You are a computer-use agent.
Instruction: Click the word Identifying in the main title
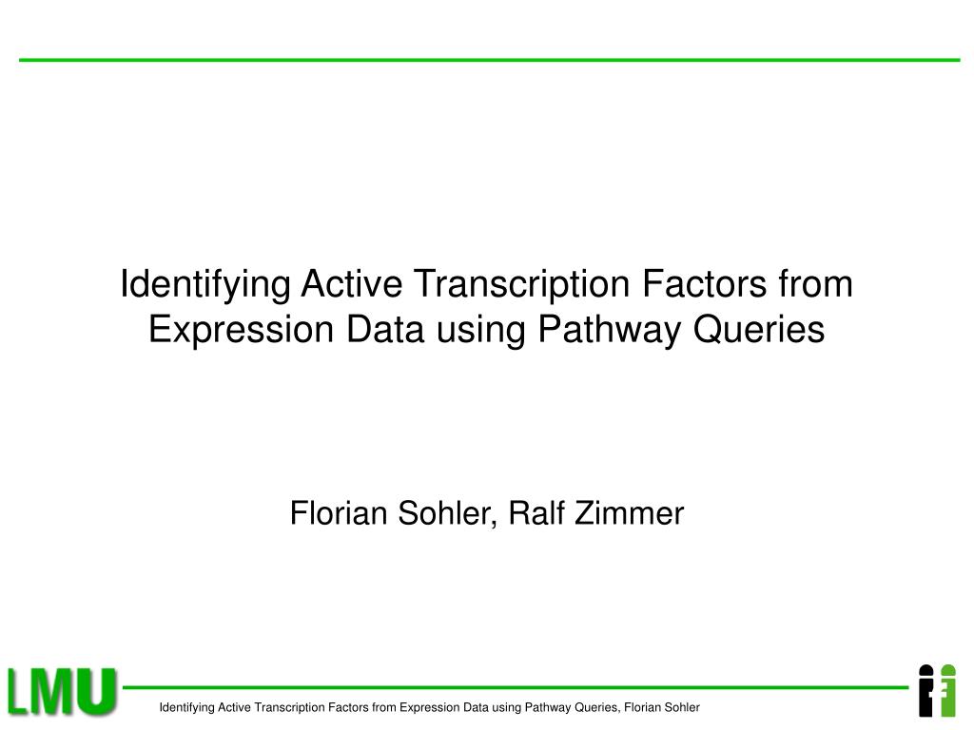[x=205, y=285]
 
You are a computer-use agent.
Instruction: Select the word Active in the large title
[x=352, y=283]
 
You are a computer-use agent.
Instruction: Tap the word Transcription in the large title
[x=522, y=285]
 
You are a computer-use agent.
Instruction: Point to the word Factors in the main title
[x=705, y=283]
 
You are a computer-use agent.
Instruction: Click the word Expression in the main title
[x=242, y=331]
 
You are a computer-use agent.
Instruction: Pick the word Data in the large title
[x=385, y=329]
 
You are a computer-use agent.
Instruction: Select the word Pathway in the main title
[x=610, y=331]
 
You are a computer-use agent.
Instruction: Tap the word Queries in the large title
[x=759, y=330]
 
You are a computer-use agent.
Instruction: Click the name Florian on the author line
[x=338, y=512]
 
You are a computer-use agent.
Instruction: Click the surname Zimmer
[x=630, y=512]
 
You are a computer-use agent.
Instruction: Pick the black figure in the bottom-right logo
[x=925, y=691]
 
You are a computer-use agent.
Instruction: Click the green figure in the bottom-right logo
[x=947, y=691]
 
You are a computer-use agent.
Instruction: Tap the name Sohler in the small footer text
[x=681, y=707]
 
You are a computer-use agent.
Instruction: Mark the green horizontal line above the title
[x=490, y=60]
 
